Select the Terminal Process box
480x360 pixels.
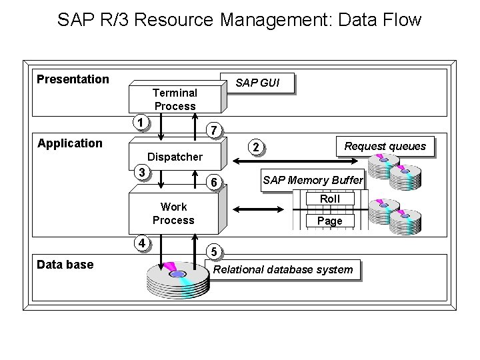(x=175, y=99)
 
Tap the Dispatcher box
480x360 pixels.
(x=175, y=157)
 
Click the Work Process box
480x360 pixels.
(x=173, y=213)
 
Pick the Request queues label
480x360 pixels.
(x=385, y=146)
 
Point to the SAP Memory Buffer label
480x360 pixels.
(x=312, y=180)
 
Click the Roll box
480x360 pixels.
(x=329, y=199)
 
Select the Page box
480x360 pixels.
(x=329, y=221)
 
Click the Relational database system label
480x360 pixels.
(x=283, y=269)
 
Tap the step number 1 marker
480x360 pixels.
(x=139, y=122)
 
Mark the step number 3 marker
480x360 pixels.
(x=140, y=172)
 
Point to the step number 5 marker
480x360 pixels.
(x=213, y=252)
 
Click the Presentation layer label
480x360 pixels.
(x=73, y=79)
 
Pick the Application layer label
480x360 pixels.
(x=70, y=143)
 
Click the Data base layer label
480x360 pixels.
(x=65, y=265)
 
